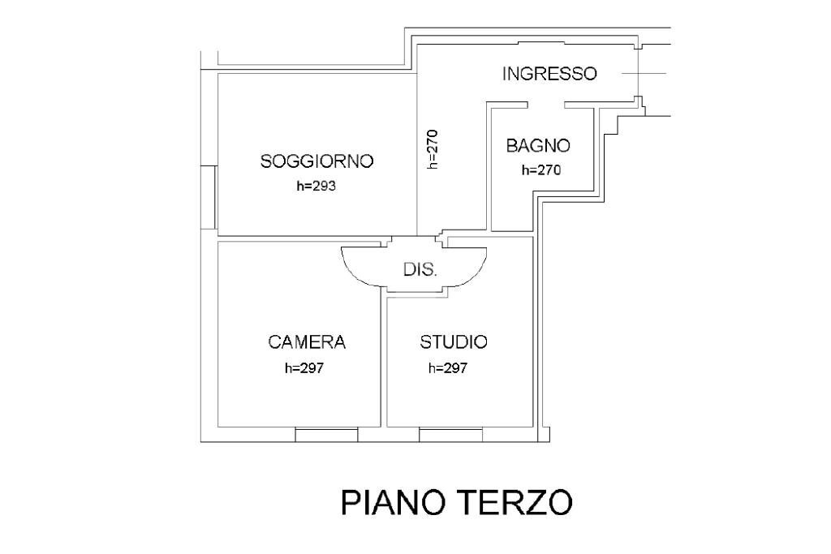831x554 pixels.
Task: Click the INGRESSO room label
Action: tap(549, 74)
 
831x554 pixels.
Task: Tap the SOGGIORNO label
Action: tap(316, 161)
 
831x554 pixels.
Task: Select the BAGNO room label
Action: tap(538, 146)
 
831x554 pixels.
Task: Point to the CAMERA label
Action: tap(307, 342)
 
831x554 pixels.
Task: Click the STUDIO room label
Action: tap(453, 342)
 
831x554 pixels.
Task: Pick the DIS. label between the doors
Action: tap(420, 270)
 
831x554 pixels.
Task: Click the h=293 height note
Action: tap(316, 186)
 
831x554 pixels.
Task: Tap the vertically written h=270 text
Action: tap(433, 149)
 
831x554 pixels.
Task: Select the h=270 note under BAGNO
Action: tap(540, 170)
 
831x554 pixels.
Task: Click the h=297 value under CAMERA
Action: tap(304, 367)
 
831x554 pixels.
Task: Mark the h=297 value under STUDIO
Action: tap(448, 367)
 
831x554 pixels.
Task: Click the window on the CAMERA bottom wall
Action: tap(326, 435)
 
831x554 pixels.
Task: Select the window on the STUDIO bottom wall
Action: tap(450, 435)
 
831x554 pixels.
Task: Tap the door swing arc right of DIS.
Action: tap(473, 272)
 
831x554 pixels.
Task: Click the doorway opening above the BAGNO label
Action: tap(546, 105)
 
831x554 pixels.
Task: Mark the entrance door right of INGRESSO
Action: tap(639, 75)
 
